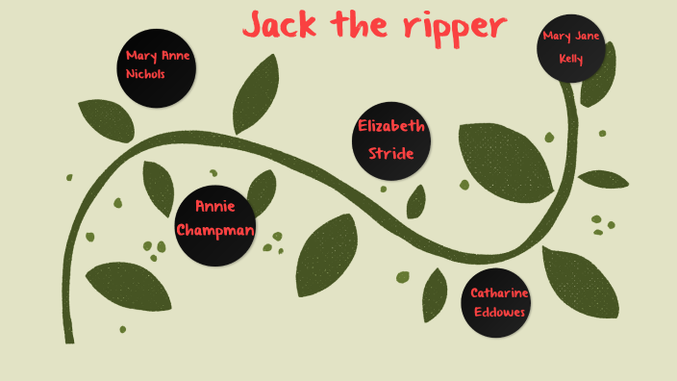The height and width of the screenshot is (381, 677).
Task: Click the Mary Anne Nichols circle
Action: tap(158, 67)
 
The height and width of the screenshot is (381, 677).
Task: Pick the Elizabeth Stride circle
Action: tap(390, 140)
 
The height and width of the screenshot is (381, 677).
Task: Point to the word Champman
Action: tap(214, 230)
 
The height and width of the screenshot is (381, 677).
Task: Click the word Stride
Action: tap(390, 153)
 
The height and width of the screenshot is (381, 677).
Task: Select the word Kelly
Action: tap(571, 58)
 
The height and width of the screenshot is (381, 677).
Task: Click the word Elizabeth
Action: tap(391, 126)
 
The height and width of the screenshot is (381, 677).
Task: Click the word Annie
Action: tap(214, 206)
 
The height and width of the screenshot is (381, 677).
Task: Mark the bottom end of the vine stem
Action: tap(69, 338)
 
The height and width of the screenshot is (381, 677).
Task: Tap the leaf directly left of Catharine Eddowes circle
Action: tap(436, 294)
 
